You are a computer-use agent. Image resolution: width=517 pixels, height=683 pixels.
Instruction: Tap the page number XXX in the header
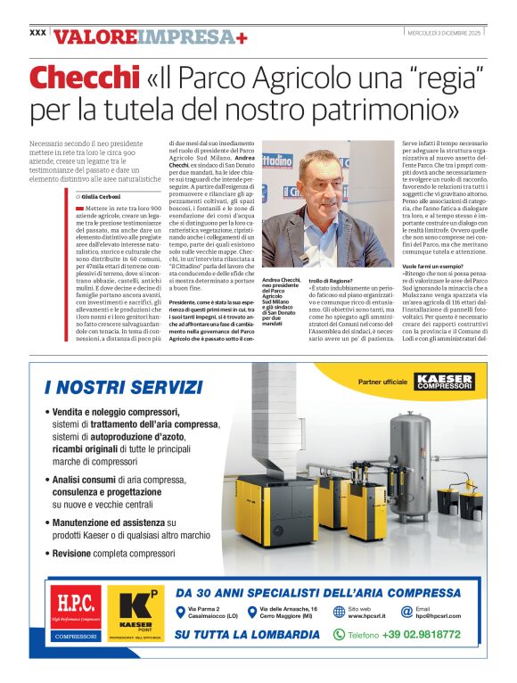point(37,32)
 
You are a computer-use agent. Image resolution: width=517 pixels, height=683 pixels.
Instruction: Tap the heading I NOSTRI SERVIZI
point(123,387)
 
